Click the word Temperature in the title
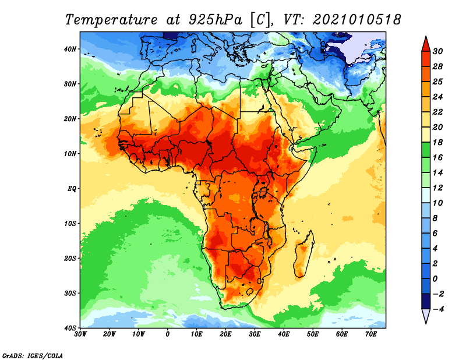(x=111, y=20)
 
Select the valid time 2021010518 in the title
(x=357, y=20)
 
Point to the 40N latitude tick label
(x=70, y=49)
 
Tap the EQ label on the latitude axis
(x=72, y=189)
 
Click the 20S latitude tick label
(x=70, y=258)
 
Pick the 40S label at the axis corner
(x=70, y=328)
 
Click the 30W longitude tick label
(x=80, y=334)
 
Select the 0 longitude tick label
(x=168, y=334)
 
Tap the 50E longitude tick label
(x=313, y=334)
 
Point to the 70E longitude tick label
(x=370, y=334)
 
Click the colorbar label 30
(x=437, y=51)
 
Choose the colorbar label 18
(x=437, y=142)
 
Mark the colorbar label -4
(x=437, y=309)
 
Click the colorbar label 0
(x=435, y=279)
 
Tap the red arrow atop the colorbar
(x=426, y=44)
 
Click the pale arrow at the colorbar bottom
(x=426, y=316)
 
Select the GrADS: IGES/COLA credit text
(x=33, y=356)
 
